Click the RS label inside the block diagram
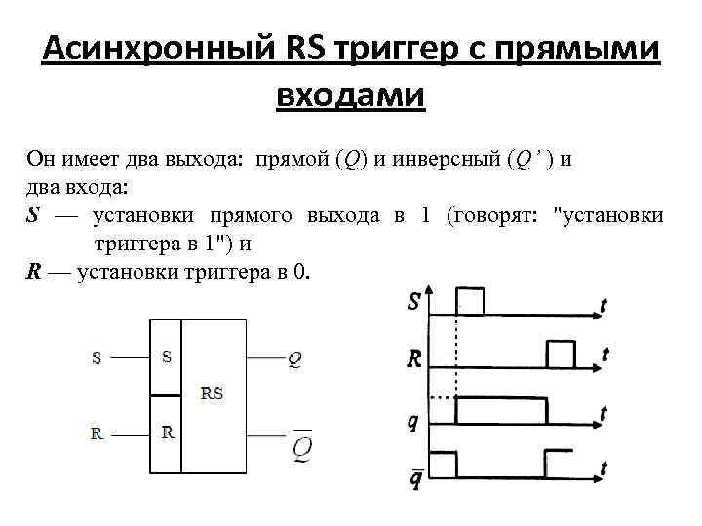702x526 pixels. [212, 394]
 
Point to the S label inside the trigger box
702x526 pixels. [167, 357]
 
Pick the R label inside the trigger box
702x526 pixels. [168, 432]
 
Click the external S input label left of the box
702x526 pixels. [96, 358]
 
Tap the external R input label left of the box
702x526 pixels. [97, 433]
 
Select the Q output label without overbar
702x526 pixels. [294, 359]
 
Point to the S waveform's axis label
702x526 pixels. [414, 303]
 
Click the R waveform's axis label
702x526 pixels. [414, 359]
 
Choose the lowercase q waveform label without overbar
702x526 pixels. [413, 422]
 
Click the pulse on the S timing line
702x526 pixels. [470, 301]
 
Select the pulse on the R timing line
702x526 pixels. [561, 356]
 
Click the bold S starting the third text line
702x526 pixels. [33, 215]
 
